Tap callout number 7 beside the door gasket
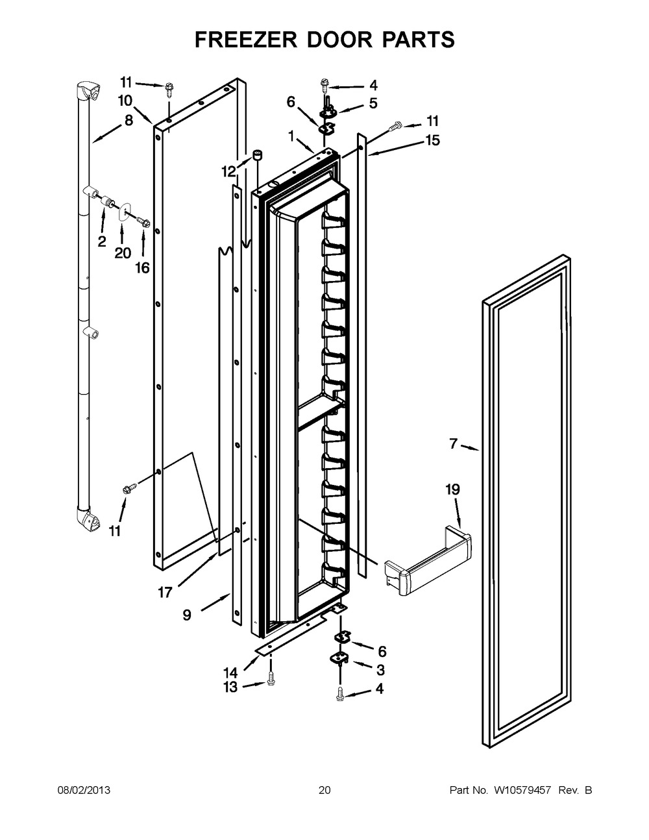pyautogui.click(x=454, y=444)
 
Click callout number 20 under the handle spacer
pyautogui.click(x=123, y=253)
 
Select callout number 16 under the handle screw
pyautogui.click(x=142, y=268)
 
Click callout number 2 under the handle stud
pyautogui.click(x=102, y=242)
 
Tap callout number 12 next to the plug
pyautogui.click(x=228, y=171)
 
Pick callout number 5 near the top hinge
pyautogui.click(x=373, y=103)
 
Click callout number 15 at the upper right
pyautogui.click(x=432, y=140)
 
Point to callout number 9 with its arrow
pyautogui.click(x=187, y=615)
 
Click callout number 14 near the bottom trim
pyautogui.click(x=232, y=673)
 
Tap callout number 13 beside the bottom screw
pyautogui.click(x=230, y=687)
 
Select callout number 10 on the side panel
pyautogui.click(x=125, y=100)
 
